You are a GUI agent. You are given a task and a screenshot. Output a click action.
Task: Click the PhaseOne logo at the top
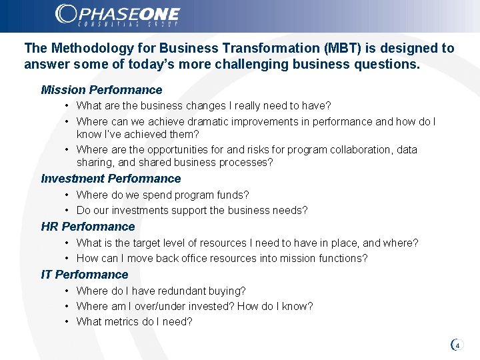(117, 15)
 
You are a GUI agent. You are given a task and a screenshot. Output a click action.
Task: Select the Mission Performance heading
(101, 90)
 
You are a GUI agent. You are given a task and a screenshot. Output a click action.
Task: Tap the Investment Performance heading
(111, 179)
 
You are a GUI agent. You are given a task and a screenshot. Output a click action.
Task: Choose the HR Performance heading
(88, 227)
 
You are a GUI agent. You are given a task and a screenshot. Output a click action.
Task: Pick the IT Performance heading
(85, 275)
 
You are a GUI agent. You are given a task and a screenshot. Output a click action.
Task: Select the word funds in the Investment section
(234, 195)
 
